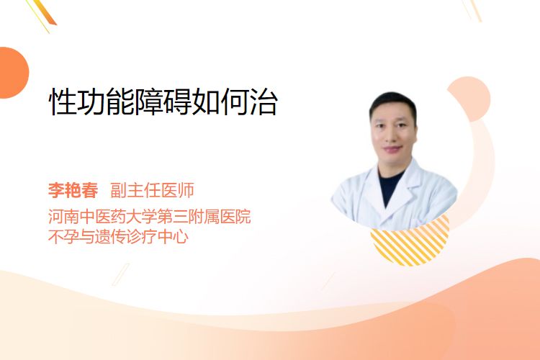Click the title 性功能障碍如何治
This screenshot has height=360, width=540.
[163, 102]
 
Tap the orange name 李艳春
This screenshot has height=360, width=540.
[73, 190]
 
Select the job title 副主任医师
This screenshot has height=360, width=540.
[152, 190]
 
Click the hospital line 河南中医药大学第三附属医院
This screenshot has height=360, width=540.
[150, 217]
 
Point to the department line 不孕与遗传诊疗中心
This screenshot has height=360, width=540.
[119, 237]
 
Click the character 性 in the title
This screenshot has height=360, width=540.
[63, 102]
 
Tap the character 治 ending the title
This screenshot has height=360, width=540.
[264, 102]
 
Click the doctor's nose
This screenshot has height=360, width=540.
[394, 135]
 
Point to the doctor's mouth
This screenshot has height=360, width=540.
[393, 149]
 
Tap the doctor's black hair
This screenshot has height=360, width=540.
[392, 102]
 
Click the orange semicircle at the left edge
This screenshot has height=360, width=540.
[12, 73]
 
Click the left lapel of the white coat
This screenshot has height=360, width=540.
[372, 193]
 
